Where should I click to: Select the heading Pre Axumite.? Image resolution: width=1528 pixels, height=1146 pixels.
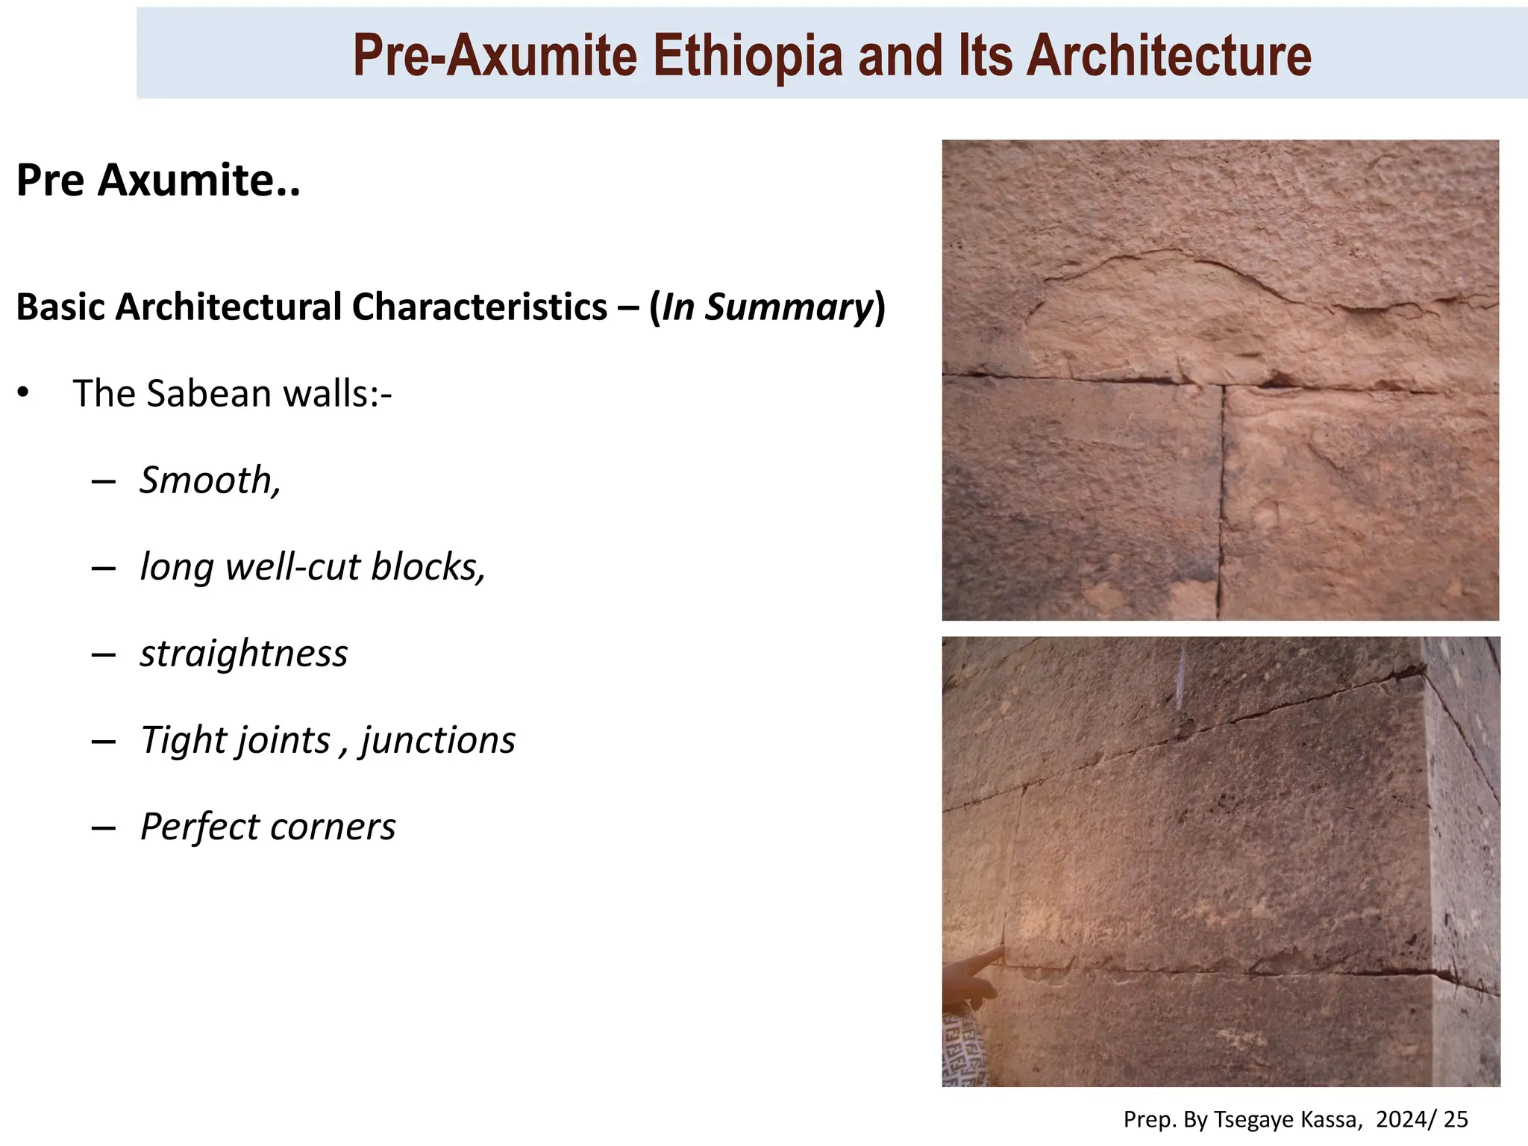coord(157,181)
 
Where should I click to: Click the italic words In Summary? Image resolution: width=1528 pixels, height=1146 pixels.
coord(767,307)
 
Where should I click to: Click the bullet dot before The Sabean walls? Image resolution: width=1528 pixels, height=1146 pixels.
coord(24,393)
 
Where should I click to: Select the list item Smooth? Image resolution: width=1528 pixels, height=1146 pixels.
coord(210,480)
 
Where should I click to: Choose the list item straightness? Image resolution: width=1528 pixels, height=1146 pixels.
coord(244,654)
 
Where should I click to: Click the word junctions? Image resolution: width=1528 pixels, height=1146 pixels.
coord(438,740)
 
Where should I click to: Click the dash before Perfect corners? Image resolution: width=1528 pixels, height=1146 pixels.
coord(104,827)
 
